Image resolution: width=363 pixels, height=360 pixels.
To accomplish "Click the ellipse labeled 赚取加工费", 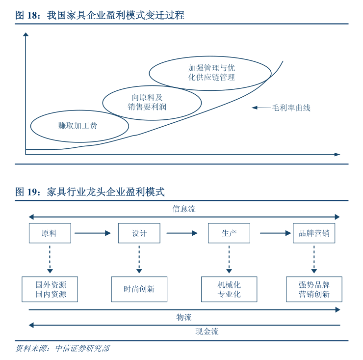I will (79, 126).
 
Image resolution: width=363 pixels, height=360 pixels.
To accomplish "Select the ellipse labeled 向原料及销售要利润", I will (152, 102).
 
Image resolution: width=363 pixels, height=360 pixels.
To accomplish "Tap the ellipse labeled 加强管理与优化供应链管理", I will (210, 73).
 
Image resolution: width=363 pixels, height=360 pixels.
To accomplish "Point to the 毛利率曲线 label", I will (291, 108).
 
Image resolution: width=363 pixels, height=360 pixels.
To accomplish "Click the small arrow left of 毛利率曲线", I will (260, 108).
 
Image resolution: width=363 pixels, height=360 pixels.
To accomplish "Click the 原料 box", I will (50, 233).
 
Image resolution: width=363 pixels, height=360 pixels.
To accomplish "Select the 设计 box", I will (139, 233).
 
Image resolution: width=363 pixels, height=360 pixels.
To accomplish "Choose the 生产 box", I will (229, 233).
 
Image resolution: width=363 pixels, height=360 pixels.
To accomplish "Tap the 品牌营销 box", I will (314, 233).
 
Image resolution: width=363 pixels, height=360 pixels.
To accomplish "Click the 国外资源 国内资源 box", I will (51, 289).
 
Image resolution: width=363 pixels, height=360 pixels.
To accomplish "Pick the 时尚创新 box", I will (139, 289).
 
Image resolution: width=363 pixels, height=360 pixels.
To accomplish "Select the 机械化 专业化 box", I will (229, 289).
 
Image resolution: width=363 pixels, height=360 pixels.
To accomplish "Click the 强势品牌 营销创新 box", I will (314, 289).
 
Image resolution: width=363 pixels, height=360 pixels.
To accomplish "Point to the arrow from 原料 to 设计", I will (93, 233).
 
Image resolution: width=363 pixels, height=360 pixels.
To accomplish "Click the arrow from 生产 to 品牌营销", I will (275, 233).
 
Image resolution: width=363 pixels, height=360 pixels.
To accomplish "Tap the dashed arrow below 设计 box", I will (139, 259).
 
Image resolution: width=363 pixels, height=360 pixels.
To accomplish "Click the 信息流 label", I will (183, 209).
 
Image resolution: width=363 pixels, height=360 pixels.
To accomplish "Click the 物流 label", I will (183, 317).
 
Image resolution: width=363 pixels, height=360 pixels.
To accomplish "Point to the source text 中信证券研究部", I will (82, 349).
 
